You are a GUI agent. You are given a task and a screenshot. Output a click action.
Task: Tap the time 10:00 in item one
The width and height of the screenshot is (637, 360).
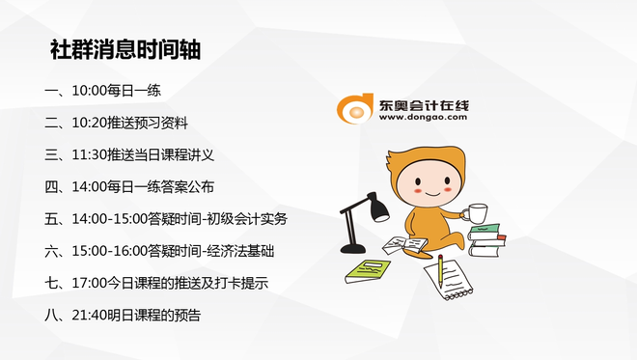coord(89,92)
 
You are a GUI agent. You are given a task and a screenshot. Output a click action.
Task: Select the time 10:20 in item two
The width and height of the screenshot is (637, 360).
coord(89,124)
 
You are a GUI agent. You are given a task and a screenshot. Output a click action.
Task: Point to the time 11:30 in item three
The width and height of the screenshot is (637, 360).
coord(89,155)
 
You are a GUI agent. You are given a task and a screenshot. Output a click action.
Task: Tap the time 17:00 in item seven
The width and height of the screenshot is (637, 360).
coord(89,283)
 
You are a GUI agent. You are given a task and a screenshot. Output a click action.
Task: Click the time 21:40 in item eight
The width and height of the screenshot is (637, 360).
coord(89,315)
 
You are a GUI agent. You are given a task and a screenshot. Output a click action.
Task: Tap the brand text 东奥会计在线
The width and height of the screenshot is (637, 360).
coord(421,101)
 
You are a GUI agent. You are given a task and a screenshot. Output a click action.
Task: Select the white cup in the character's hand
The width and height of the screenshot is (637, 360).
coord(476,213)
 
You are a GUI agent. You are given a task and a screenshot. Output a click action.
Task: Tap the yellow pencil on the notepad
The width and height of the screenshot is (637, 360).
coord(440,271)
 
